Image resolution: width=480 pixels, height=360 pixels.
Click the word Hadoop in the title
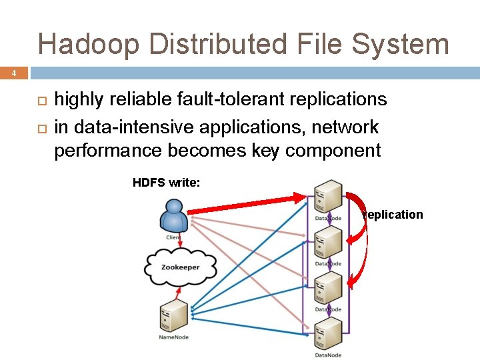coord(89,44)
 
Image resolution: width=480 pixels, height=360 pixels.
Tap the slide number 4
coord(13,73)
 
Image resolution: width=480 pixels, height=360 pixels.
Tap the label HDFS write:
coord(166,183)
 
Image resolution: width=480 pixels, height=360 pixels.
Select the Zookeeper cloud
coord(181,267)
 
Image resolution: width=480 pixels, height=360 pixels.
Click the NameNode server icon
coord(173,315)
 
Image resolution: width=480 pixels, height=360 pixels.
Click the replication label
coord(393,215)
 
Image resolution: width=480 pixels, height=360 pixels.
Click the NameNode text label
coord(173,337)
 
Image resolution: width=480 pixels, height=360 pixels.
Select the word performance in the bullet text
coord(107,151)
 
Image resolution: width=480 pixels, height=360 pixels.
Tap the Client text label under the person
coord(173,237)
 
